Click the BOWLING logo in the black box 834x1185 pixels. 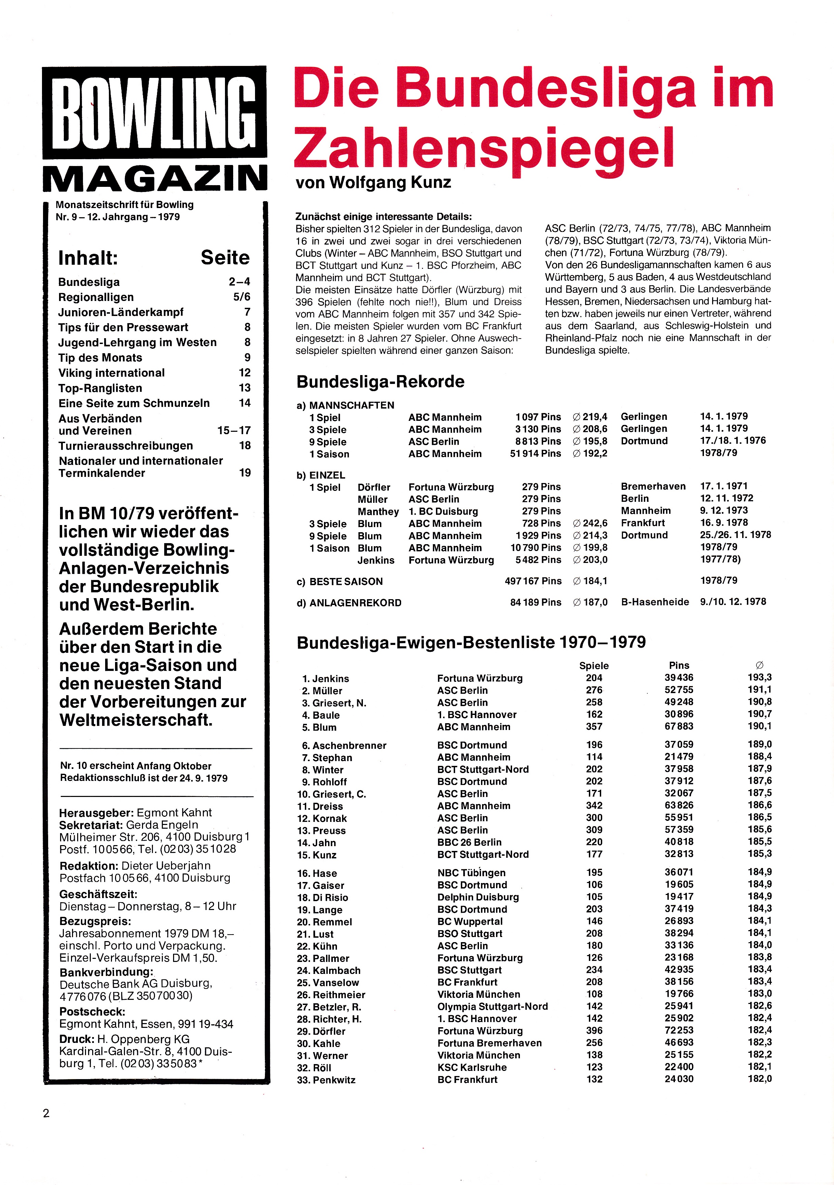click(155, 112)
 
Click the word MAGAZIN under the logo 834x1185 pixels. click(155, 179)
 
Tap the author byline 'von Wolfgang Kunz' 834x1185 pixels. click(373, 183)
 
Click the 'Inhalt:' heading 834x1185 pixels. click(88, 258)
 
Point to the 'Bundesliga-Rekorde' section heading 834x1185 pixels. click(380, 382)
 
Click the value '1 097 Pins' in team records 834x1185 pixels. click(538, 417)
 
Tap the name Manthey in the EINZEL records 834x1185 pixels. click(378, 511)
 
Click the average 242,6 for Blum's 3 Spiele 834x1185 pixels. click(591, 523)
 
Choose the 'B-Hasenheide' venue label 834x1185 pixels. click(654, 602)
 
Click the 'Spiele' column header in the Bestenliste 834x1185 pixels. click(594, 666)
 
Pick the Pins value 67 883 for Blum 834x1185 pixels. click(679, 727)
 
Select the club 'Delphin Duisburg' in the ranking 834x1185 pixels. click(478, 897)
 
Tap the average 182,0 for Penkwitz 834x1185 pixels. click(760, 1079)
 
